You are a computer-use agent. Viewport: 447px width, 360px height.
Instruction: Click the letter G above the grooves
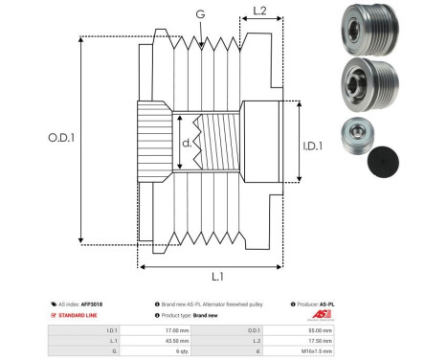click(x=199, y=14)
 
